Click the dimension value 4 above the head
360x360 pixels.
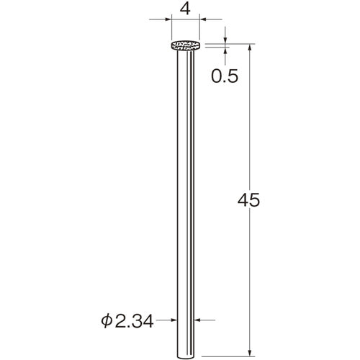pos(185,9)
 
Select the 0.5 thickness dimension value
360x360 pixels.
pos(225,76)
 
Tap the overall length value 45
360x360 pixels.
pos(248,199)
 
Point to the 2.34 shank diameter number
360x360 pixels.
pos(134,321)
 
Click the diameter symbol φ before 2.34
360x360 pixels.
pos(107,321)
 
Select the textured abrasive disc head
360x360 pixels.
pos(186,45)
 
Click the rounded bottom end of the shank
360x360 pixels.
pos(185,357)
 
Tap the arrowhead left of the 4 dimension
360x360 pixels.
pos(168,19)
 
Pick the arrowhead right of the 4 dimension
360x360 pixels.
pos(203,19)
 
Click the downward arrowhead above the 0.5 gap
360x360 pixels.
pos(225,40)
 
